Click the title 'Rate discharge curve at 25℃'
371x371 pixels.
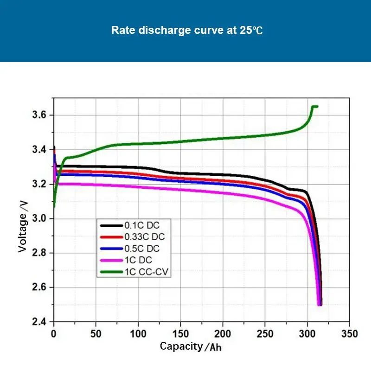[x=187, y=31]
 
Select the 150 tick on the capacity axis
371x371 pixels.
[x=180, y=333]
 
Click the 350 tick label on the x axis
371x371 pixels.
[x=349, y=333]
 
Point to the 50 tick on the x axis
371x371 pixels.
[x=96, y=333]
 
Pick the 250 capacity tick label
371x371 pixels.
[x=265, y=333]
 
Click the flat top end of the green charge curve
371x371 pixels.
[x=315, y=107]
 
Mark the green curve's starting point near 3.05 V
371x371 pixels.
[x=54, y=206]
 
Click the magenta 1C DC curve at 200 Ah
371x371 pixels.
[x=223, y=192]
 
